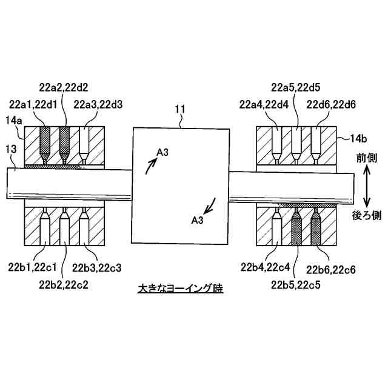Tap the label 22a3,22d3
tap(98, 104)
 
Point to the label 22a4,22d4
tap(266, 104)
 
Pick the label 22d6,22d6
tap(331, 104)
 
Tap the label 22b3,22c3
tap(98, 267)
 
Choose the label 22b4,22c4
tap(266, 267)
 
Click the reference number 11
tap(180, 110)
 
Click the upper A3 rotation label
tap(162, 153)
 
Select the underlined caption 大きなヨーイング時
tap(180, 289)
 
